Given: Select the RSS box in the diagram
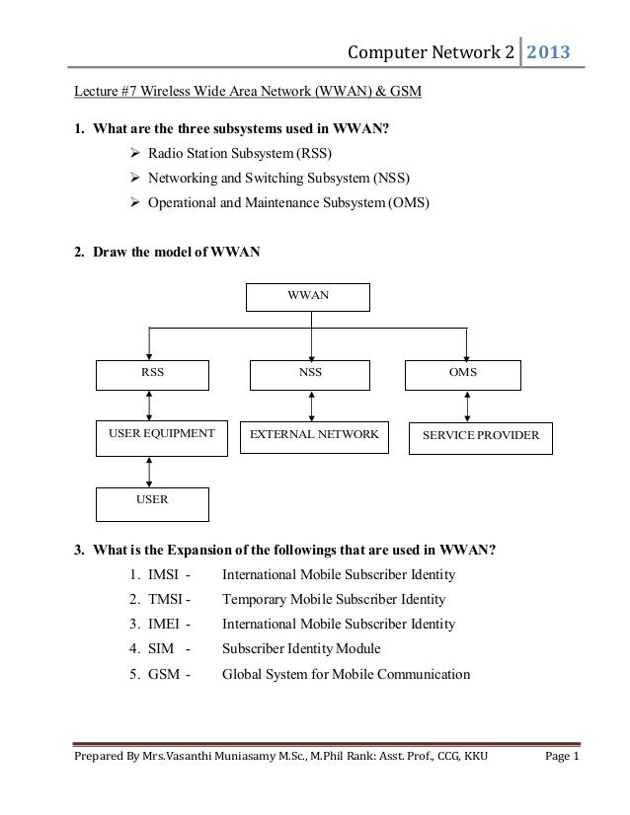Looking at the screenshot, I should (152, 375).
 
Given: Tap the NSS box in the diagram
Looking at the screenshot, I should (311, 375).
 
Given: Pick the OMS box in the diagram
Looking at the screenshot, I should (462, 375).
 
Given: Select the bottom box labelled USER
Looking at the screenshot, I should (152, 503).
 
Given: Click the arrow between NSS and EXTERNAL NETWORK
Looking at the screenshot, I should (312, 406).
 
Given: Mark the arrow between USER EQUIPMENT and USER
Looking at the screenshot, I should (149, 471).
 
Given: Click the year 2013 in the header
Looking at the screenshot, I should (548, 51).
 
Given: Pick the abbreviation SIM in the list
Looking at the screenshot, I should (160, 649).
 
